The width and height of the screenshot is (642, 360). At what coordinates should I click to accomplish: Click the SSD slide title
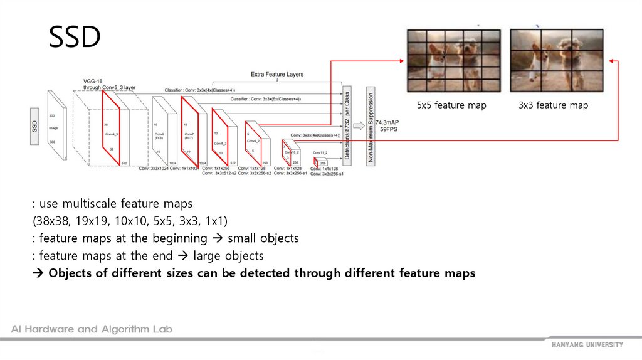75,38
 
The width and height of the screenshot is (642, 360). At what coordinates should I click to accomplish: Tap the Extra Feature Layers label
277,74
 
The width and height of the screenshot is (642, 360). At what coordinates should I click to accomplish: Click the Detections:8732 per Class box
347,125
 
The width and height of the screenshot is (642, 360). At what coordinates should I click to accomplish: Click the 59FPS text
387,129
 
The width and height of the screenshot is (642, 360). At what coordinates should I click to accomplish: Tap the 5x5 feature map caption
451,105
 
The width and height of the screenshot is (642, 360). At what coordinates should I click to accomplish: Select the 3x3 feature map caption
553,105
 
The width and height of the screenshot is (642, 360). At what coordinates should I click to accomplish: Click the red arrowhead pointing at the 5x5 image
403,60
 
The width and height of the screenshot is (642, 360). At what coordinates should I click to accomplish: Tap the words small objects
263,238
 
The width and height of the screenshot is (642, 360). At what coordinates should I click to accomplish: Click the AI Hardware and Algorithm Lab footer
92,329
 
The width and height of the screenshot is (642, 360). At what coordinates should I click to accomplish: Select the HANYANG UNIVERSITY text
587,345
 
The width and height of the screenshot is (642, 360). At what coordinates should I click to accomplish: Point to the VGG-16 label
93,81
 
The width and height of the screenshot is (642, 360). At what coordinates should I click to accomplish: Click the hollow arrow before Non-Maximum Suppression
359,125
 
